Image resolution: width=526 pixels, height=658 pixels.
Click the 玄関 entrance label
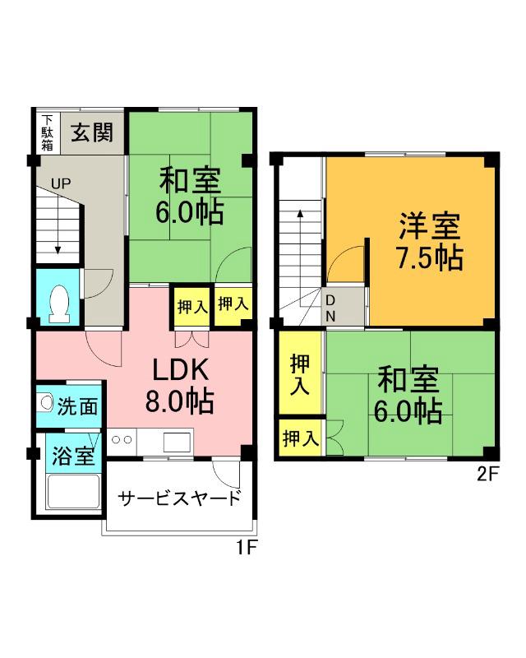pos(90,133)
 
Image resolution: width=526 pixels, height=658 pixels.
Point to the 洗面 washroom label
pos(78,405)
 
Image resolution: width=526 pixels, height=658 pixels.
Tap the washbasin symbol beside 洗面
pos(46,405)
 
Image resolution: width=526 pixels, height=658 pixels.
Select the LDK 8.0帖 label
pos(179,385)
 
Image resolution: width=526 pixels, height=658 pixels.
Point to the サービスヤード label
pos(180,498)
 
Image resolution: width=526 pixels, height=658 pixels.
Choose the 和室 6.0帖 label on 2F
pos(408,395)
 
